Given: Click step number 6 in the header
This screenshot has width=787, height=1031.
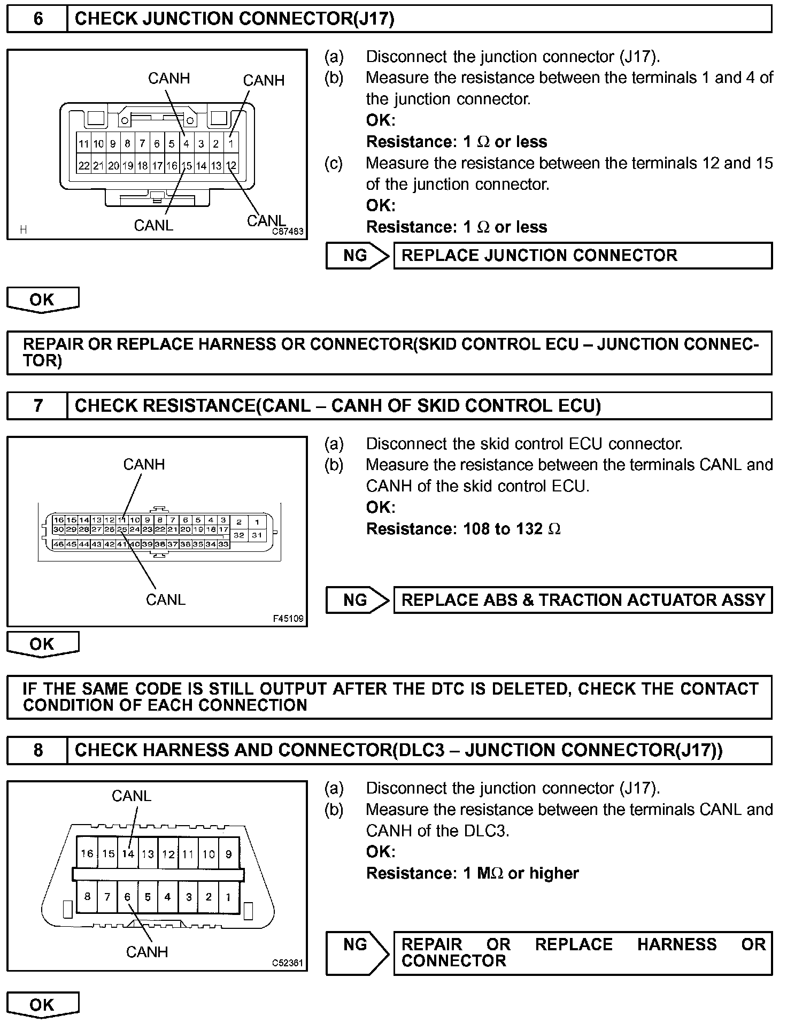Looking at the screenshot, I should click(38, 19).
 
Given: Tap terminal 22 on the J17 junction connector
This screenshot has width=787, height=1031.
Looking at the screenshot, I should click(84, 166).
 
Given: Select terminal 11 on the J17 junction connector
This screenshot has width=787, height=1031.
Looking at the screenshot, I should click(84, 144).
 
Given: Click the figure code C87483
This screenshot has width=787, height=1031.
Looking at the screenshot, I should click(288, 232).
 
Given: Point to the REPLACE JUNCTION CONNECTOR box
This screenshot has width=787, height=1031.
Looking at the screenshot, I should click(583, 256).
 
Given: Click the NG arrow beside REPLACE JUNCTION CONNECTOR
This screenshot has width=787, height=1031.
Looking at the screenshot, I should click(357, 256).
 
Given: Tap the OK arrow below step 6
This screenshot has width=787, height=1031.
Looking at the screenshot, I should click(42, 299).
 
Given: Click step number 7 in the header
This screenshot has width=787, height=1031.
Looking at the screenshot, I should click(38, 406).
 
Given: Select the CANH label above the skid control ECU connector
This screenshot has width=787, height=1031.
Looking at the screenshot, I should click(144, 464).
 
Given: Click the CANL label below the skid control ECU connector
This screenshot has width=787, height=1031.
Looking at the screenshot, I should click(165, 599).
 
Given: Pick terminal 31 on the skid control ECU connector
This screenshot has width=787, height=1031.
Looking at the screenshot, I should click(257, 535).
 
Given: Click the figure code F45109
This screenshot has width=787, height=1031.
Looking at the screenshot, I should click(288, 619).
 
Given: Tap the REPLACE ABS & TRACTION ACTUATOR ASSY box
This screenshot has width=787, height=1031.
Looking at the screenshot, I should click(583, 600).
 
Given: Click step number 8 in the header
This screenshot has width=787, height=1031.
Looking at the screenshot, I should click(38, 750).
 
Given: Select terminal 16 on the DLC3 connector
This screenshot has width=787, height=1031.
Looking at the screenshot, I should click(87, 853).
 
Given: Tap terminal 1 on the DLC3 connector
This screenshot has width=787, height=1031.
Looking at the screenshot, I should click(229, 897).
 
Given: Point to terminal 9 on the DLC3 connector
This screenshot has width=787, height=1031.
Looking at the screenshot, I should click(229, 854).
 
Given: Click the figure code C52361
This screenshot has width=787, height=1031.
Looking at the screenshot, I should click(288, 963).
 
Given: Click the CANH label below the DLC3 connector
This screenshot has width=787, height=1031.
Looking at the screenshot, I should click(146, 952).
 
